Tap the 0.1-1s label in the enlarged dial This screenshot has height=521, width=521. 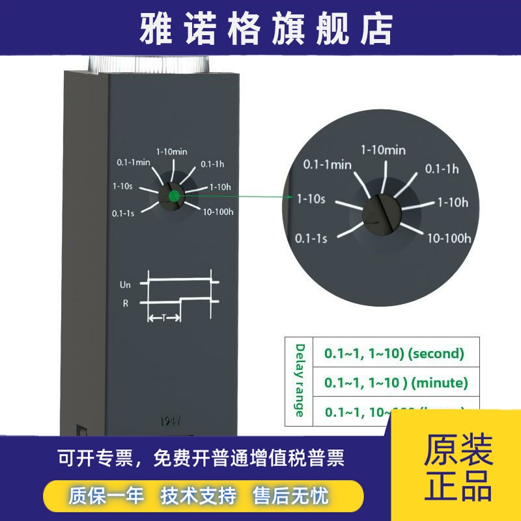tap(311, 238)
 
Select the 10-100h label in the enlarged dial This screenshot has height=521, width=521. tap(449, 238)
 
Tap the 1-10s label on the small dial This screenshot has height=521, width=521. tap(122, 186)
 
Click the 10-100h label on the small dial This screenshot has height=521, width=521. tap(218, 212)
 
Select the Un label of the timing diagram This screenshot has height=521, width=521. tap(125, 285)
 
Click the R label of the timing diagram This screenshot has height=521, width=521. tap(126, 303)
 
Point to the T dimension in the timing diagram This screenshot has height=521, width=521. tap(163, 318)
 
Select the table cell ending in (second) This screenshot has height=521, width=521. tap(395, 354)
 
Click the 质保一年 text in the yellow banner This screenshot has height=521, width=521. tap(106, 496)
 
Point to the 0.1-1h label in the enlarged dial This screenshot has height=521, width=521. tap(443, 169)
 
